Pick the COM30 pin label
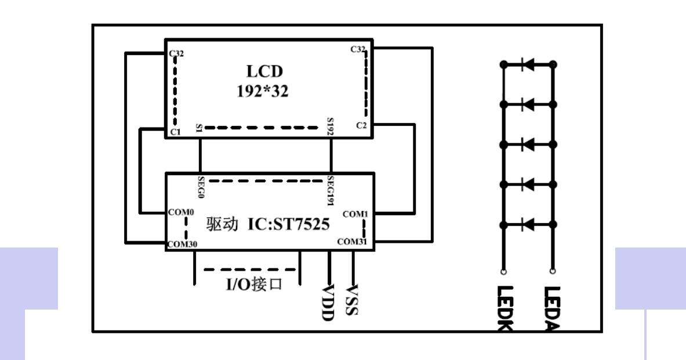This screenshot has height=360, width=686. point(182,245)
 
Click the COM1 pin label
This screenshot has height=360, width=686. point(356,214)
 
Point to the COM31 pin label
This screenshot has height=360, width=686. point(354,242)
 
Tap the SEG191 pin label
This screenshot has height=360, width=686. point(331,190)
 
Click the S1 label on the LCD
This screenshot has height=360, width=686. point(200,128)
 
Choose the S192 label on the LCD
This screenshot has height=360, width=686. point(331,126)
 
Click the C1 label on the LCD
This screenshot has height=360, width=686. point(175,132)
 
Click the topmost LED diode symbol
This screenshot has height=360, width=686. point(528,64)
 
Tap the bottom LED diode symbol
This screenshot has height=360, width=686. point(528,223)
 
